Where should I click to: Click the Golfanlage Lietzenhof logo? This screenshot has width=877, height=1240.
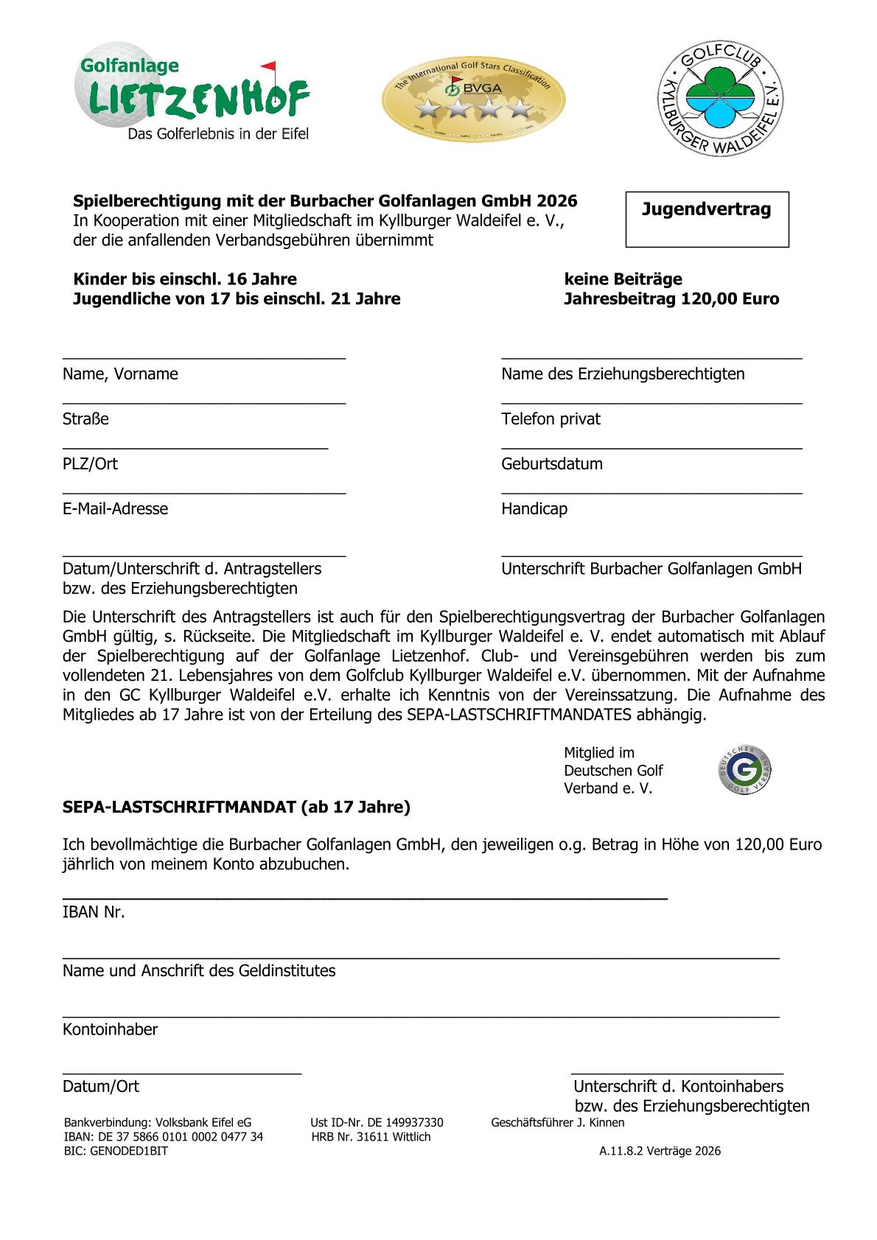click(193, 99)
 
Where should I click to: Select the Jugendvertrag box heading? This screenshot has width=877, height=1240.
click(706, 209)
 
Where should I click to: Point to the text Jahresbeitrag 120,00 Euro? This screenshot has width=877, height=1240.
click(671, 299)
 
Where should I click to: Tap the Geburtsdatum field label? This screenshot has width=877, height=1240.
click(551, 464)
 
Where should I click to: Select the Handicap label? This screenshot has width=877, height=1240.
click(534, 509)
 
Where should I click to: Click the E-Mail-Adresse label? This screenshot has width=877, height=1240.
click(115, 509)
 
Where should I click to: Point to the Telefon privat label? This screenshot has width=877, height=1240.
click(551, 419)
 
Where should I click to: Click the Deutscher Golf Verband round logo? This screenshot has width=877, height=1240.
click(745, 771)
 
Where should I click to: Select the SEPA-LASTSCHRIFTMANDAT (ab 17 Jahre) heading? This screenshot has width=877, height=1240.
click(236, 807)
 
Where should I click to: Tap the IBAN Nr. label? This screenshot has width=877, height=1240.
click(94, 912)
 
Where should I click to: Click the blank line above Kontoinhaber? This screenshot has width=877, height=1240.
click(420, 1016)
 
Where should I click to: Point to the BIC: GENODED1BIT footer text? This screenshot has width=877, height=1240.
click(116, 1151)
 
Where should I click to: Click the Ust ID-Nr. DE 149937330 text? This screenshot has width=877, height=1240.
click(377, 1123)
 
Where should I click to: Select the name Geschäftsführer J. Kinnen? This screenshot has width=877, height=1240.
click(557, 1123)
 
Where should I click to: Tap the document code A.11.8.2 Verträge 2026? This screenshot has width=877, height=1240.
click(660, 1151)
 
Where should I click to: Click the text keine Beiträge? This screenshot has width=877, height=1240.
click(623, 279)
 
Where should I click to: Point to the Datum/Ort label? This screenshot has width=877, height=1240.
click(101, 1087)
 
